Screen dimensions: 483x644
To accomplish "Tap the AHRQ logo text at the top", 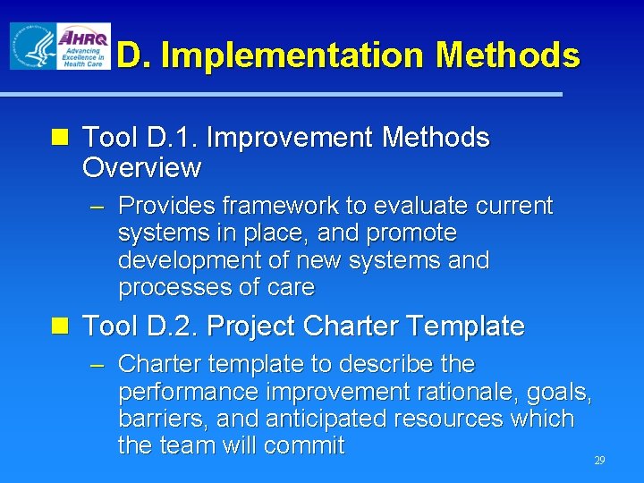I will tap(83, 38).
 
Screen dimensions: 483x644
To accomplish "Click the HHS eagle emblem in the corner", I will tap(31, 46).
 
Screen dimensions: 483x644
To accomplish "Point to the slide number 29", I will tap(599, 461).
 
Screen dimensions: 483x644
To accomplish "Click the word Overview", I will tap(141, 167).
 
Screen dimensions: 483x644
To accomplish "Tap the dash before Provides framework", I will tap(99, 207).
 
